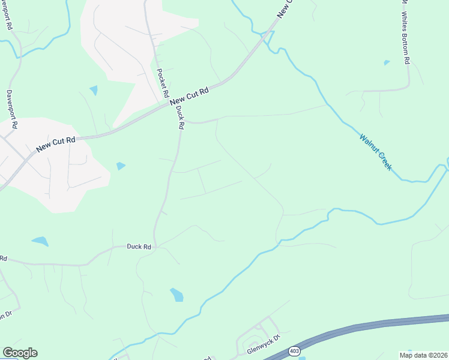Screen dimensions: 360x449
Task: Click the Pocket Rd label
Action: click(161, 83)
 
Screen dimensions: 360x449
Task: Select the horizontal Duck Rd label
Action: click(139, 247)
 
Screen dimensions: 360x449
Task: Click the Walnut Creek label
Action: click(375, 152)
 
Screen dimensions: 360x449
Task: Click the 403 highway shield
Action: click(294, 350)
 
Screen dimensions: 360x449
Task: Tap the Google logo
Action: click(20, 353)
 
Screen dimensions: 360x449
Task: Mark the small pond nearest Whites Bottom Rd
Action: click(387, 62)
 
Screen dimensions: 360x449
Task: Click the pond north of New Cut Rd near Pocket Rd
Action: click(94, 91)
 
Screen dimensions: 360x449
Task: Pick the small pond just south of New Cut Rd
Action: click(121, 166)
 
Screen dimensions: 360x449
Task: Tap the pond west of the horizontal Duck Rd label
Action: click(40, 241)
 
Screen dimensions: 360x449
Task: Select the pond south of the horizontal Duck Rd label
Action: click(176, 295)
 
